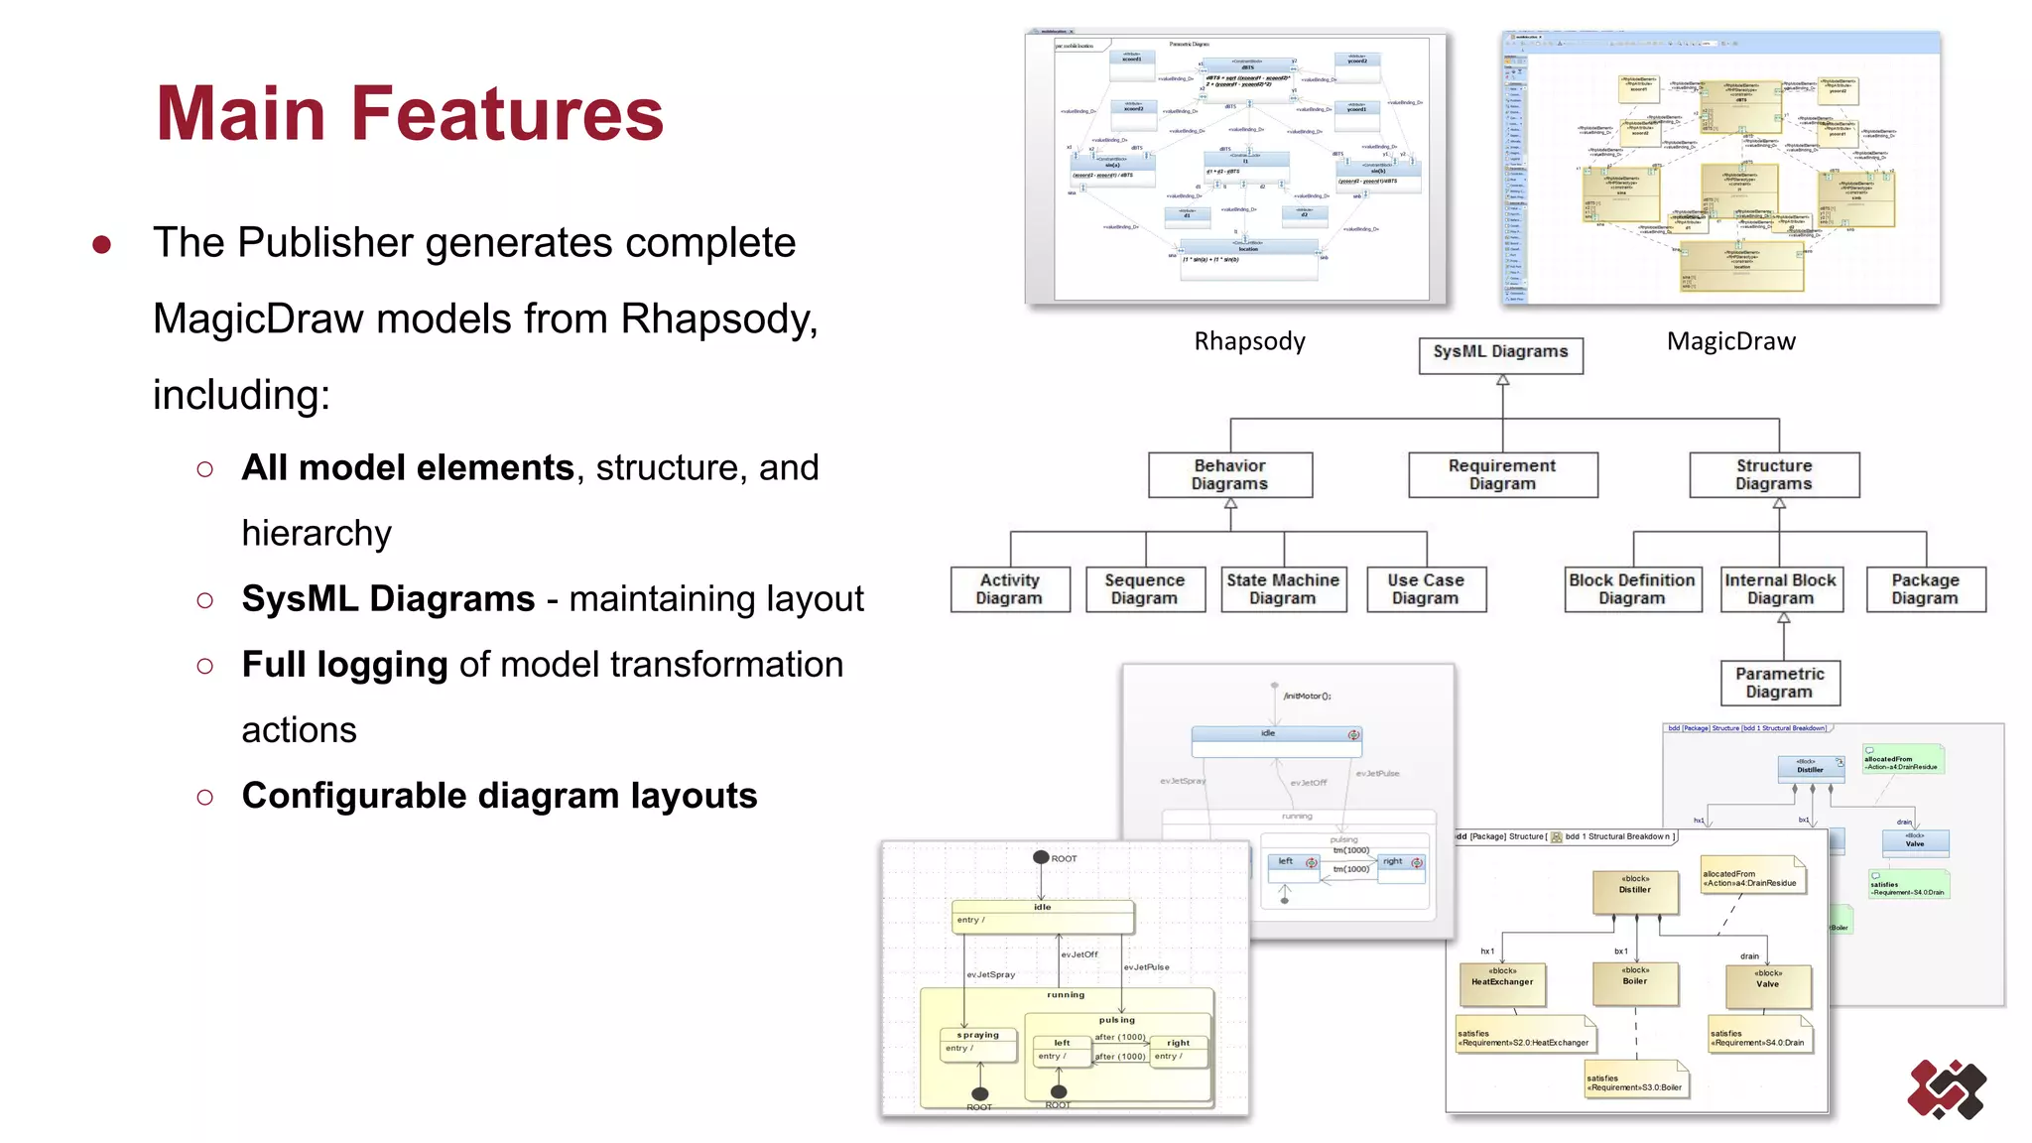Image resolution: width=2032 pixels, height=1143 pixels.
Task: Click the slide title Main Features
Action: [409, 113]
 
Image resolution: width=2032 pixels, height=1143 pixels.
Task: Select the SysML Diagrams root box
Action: [1500, 353]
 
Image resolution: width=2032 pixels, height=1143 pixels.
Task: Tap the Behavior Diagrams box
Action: [1229, 474]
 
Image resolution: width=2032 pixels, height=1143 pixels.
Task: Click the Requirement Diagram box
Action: [1502, 474]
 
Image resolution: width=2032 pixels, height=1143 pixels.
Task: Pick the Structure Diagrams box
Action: [1774, 474]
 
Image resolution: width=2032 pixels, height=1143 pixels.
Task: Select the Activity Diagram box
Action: [1009, 588]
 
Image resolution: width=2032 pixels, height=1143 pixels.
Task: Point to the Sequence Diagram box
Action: [1144, 588]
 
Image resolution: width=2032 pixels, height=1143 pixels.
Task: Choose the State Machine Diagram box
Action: [1283, 588]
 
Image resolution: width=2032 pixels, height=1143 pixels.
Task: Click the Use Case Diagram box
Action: [1426, 588]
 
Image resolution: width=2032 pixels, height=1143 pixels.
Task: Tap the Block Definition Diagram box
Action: [1632, 588]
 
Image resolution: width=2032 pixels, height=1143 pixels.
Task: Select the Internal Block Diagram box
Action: [1781, 588]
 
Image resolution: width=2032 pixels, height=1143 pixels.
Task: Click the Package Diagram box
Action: [1925, 588]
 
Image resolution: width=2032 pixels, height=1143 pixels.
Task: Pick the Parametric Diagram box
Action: [1780, 683]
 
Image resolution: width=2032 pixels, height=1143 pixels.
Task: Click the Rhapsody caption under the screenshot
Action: [1249, 341]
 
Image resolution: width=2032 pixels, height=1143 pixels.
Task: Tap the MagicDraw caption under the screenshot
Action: [1730, 341]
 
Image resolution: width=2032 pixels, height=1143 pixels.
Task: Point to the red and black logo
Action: [1946, 1089]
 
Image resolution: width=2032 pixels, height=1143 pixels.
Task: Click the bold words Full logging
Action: [344, 665]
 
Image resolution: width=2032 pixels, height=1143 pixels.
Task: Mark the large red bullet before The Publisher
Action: [101, 244]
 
